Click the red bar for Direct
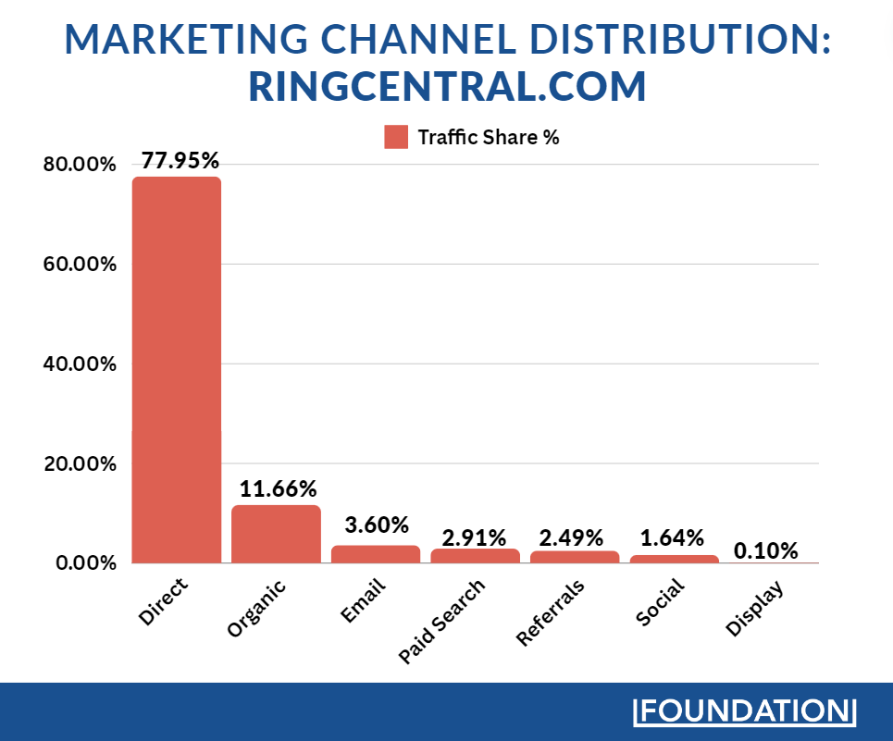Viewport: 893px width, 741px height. [x=177, y=370]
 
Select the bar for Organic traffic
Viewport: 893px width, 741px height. [x=276, y=534]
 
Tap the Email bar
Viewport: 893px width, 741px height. [x=376, y=554]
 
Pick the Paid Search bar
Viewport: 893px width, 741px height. [x=475, y=556]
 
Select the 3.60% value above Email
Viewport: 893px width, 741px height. [x=377, y=525]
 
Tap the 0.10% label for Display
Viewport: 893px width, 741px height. [x=765, y=550]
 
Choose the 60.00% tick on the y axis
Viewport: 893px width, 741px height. [x=80, y=265]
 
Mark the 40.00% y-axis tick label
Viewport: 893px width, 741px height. [x=80, y=364]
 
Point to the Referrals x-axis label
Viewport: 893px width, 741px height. [x=552, y=611]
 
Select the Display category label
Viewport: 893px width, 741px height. [x=755, y=608]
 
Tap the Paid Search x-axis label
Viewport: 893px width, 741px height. [x=442, y=622]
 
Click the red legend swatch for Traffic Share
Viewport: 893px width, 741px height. [x=396, y=137]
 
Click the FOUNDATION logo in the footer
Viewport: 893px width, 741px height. [x=745, y=711]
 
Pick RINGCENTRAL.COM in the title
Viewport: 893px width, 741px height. [x=447, y=87]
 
